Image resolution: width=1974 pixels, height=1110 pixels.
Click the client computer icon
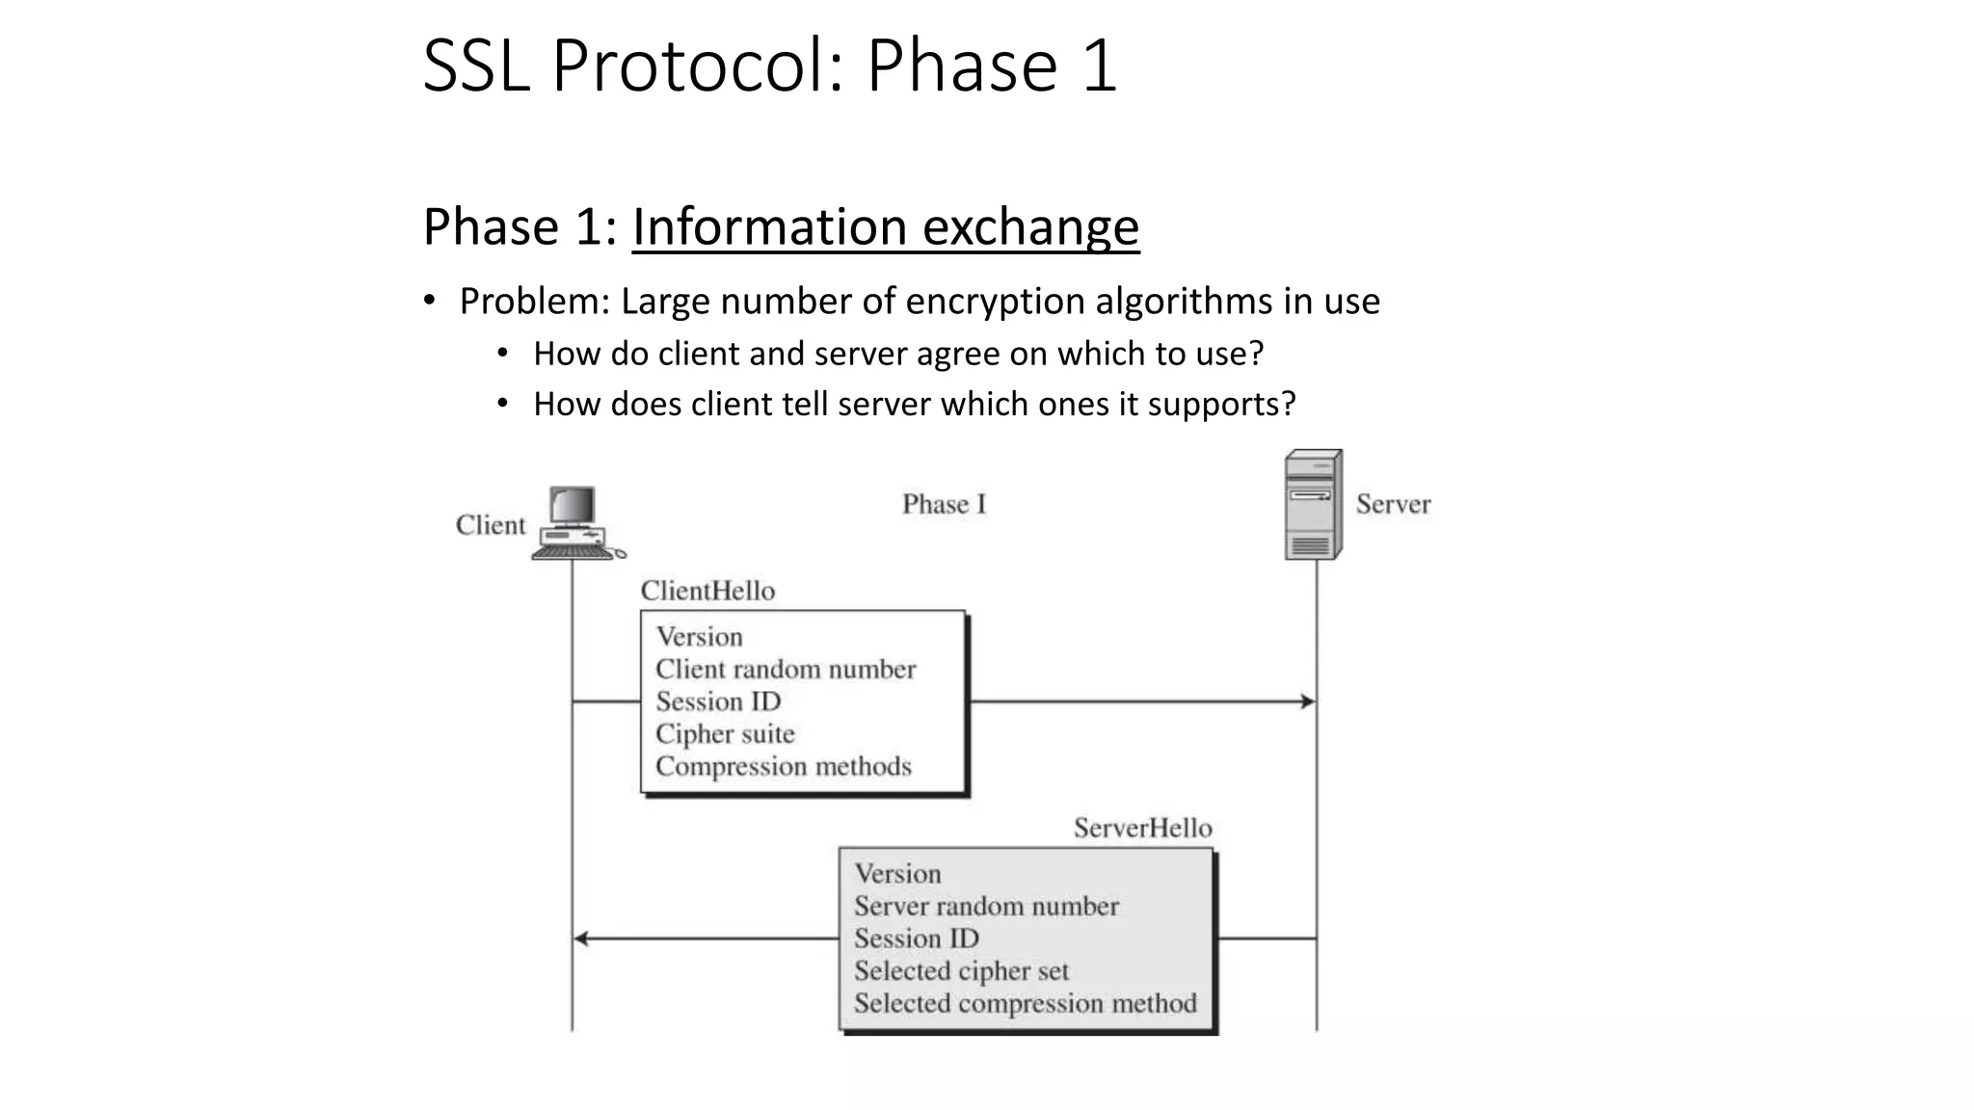[575, 523]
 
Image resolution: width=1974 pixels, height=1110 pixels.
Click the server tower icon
[1313, 505]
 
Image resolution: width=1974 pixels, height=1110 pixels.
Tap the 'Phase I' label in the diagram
[944, 504]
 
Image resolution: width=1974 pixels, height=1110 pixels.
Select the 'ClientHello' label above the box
[707, 591]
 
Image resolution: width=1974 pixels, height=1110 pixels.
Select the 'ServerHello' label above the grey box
[1142, 828]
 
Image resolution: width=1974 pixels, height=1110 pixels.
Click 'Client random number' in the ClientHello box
[786, 669]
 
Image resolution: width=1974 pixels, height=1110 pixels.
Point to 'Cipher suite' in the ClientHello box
[725, 733]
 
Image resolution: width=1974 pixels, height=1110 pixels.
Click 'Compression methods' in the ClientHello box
[783, 766]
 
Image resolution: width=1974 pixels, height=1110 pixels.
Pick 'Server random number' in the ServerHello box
[986, 906]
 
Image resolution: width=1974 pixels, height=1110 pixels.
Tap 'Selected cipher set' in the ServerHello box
[961, 970]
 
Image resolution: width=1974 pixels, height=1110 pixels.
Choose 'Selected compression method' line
[1025, 1003]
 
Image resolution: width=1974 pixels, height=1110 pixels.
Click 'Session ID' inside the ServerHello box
[916, 938]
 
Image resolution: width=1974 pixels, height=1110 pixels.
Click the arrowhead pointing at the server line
[1308, 701]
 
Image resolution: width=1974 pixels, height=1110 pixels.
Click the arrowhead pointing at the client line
[581, 938]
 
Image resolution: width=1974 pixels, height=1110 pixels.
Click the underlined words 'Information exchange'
[885, 227]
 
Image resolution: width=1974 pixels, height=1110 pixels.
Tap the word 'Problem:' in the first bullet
[534, 302]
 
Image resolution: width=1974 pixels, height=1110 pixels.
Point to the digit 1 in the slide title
[1099, 66]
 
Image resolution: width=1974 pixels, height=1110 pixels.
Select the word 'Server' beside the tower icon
[1393, 504]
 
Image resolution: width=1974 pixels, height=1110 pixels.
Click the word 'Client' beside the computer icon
[491, 525]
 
